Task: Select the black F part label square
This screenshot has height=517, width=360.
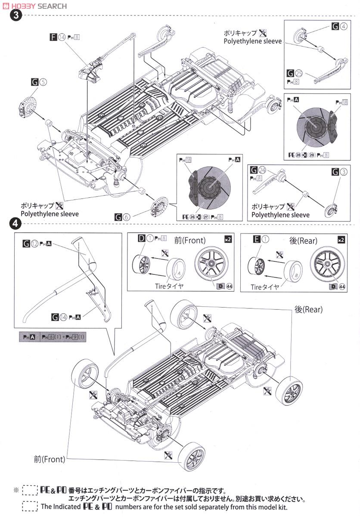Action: click(x=53, y=37)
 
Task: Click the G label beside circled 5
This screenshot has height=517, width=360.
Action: click(x=35, y=81)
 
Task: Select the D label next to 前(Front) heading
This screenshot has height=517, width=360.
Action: click(x=141, y=238)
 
